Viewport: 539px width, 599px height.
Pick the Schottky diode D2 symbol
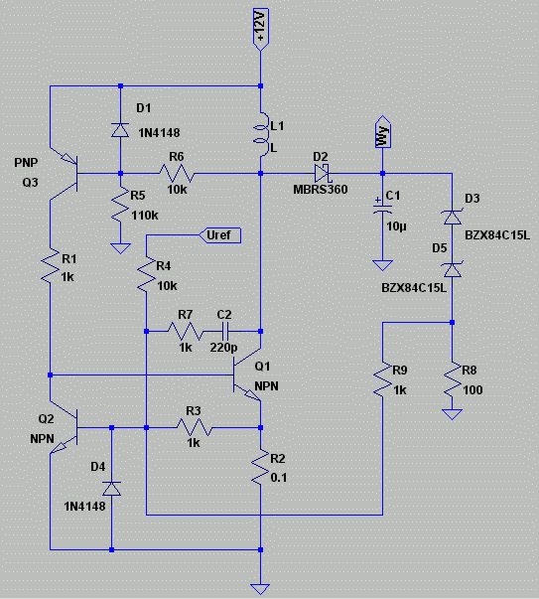click(x=322, y=173)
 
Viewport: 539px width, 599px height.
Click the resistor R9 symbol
click(x=381, y=378)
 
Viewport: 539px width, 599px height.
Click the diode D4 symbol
click(x=111, y=488)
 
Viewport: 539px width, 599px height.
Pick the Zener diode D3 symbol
click(x=453, y=217)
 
